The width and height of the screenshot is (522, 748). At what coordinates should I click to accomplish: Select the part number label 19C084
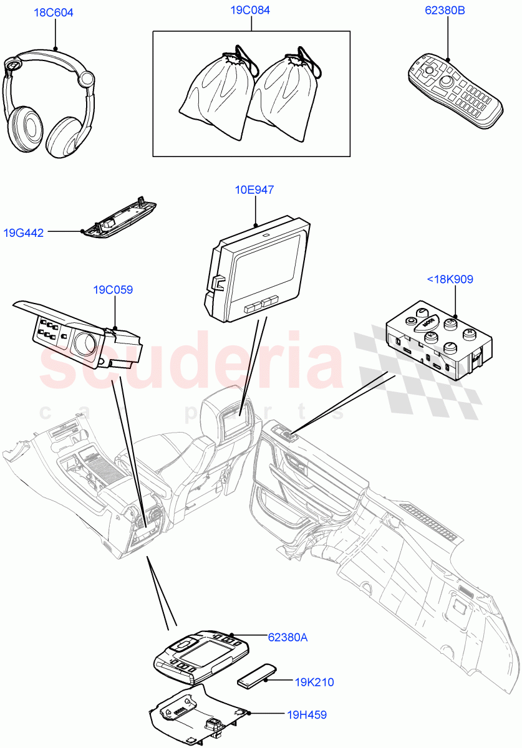[251, 11]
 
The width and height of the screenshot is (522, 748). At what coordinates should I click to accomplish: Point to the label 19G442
[24, 233]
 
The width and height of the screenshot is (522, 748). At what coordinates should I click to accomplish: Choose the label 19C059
[114, 290]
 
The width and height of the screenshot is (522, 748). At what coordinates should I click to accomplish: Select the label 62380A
[288, 637]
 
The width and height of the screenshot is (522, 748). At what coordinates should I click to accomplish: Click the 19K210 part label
[314, 682]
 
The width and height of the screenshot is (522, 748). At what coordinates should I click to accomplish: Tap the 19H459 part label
[307, 715]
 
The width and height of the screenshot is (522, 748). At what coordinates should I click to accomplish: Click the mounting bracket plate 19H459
[196, 714]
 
